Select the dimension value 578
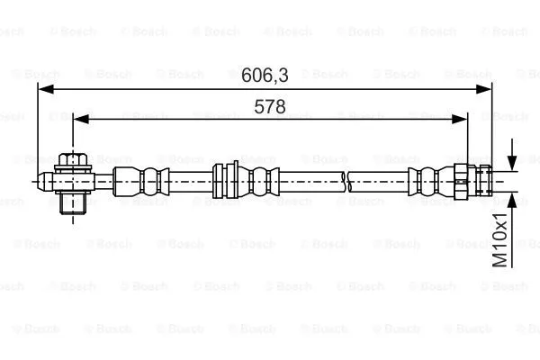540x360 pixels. (269, 106)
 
